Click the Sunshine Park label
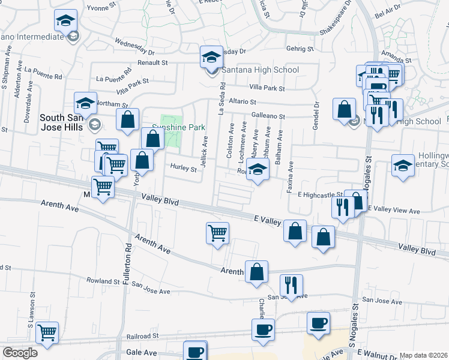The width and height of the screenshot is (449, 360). tap(178, 127)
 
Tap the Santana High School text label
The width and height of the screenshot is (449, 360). tap(261, 70)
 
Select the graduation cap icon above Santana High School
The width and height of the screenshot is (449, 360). tap(211, 57)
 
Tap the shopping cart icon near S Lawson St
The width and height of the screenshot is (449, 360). tap(47, 332)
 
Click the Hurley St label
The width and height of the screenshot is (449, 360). tap(183, 169)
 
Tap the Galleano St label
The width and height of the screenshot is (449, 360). tap(267, 116)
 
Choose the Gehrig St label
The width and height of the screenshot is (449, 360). tap(301, 47)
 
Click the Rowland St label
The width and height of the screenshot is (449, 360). tap(103, 280)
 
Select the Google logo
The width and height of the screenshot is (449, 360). tap(20, 352)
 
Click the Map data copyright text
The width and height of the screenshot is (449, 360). tap(423, 355)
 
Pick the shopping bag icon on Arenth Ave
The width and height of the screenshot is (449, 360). tap(256, 271)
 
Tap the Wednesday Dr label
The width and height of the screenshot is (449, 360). tap(134, 44)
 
